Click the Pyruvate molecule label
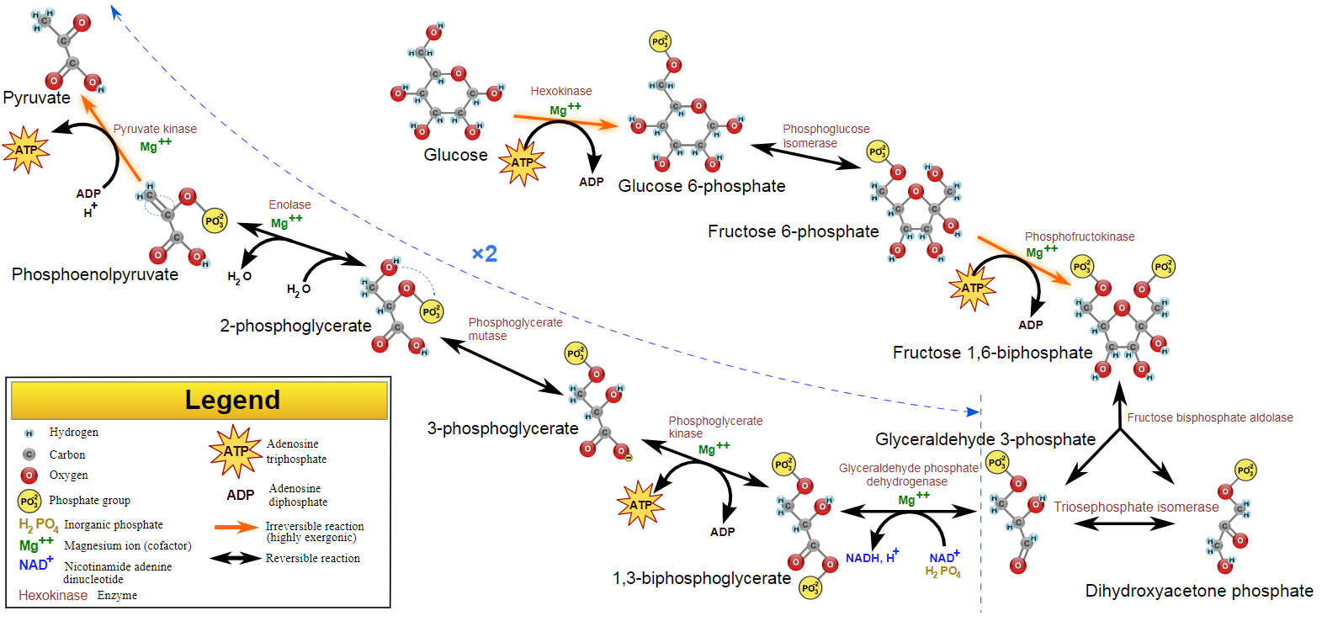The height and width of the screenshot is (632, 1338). pyautogui.click(x=37, y=98)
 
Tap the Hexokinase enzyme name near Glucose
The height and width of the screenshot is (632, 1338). pyautogui.click(x=560, y=91)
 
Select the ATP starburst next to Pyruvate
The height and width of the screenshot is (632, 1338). pyautogui.click(x=26, y=150)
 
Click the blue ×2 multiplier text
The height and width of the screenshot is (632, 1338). pyautogui.click(x=484, y=253)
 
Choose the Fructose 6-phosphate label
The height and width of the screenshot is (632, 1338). pyautogui.click(x=793, y=231)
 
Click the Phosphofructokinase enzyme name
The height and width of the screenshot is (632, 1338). pyautogui.click(x=1079, y=236)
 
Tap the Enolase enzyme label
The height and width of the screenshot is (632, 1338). pyautogui.click(x=289, y=204)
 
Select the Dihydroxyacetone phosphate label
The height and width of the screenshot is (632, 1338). pyautogui.click(x=1198, y=591)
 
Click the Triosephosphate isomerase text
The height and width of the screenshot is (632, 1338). pyautogui.click(x=1135, y=507)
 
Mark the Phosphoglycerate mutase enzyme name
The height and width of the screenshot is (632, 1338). pyautogui.click(x=515, y=329)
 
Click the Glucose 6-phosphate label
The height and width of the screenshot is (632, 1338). pyautogui.click(x=701, y=186)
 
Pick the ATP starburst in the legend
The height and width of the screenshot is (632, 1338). pyautogui.click(x=236, y=451)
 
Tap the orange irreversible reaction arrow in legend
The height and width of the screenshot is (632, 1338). pyautogui.click(x=236, y=527)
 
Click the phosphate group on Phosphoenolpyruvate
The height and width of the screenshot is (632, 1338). pyautogui.click(x=215, y=221)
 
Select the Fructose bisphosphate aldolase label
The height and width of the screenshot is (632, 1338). pyautogui.click(x=1209, y=417)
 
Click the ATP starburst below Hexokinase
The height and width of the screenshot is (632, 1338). pyautogui.click(x=522, y=162)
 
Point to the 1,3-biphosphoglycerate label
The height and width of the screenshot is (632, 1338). pyautogui.click(x=701, y=578)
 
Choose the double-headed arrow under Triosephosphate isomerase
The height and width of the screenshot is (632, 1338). pyautogui.click(x=1124, y=523)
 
